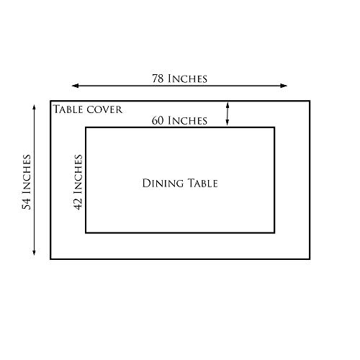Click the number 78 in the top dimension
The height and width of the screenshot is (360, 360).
[158, 78]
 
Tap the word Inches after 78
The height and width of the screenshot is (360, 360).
[187, 78]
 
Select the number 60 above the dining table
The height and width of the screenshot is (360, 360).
[158, 121]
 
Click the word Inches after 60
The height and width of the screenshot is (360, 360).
[187, 121]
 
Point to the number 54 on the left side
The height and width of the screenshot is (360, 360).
[27, 204]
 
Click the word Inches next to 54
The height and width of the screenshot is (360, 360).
[27, 174]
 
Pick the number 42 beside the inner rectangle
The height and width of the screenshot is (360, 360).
[78, 204]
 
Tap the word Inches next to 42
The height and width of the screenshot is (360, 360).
[78, 174]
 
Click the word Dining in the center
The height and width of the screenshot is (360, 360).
[163, 184]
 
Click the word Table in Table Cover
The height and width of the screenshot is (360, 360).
[68, 109]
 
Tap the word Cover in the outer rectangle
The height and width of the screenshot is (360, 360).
[104, 109]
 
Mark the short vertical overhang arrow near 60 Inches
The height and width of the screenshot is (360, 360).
[228, 114]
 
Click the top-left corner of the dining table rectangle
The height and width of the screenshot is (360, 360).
[86, 127]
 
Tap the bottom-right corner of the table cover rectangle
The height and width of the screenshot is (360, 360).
[310, 258]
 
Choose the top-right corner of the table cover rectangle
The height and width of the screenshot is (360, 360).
[310, 101]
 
